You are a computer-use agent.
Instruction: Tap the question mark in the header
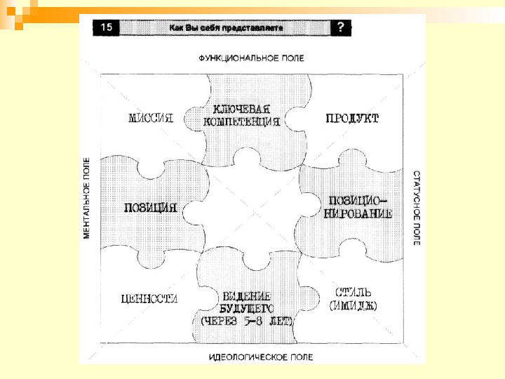coord(340,27)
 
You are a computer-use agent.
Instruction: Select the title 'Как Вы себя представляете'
coord(225,28)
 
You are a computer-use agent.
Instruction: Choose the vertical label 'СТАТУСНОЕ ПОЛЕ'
coord(417,208)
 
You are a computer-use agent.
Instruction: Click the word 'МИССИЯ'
coord(150,118)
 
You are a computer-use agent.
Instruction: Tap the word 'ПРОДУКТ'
coord(352,118)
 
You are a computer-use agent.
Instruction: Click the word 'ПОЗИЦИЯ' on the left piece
coord(149,208)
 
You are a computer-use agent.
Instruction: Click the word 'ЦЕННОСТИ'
coord(149,298)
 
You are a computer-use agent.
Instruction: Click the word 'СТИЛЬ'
coord(353,292)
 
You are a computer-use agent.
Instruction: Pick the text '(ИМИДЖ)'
coord(353,305)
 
